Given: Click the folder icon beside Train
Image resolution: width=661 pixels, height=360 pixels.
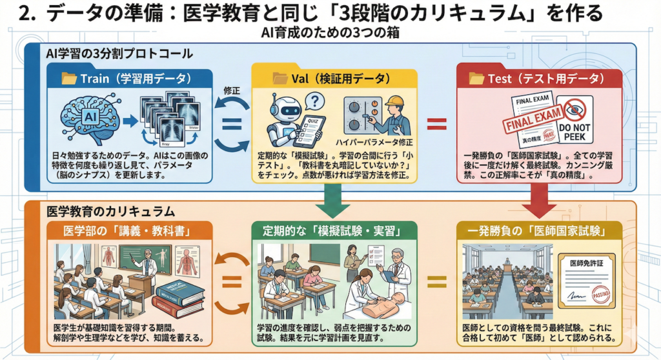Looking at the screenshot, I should point(68,79).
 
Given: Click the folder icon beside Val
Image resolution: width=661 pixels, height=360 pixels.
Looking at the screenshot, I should point(280,78).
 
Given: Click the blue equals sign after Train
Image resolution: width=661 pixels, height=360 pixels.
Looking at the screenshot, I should point(230,122).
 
